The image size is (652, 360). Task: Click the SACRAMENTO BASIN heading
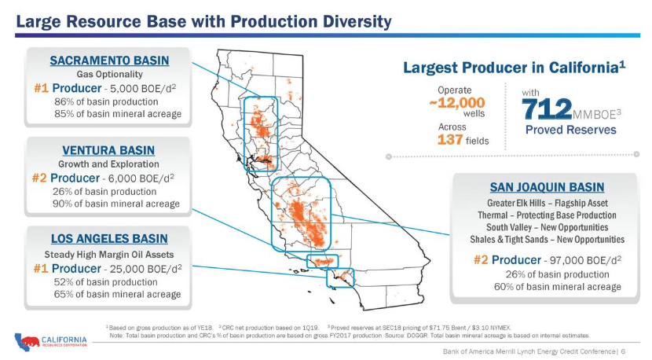tap(109, 60)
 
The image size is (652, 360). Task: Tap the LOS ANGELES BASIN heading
tap(109, 239)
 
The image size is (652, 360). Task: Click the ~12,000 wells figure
tap(457, 102)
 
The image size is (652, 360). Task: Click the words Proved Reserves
tap(570, 130)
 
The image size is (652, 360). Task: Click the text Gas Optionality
tap(109, 74)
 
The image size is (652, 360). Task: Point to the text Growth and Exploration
tap(108, 164)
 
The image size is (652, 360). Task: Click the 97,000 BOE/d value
tap(581, 260)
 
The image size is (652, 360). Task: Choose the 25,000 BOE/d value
tap(141, 268)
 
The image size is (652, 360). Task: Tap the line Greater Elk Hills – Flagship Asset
tap(547, 203)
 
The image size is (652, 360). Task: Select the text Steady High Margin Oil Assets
tap(109, 254)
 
